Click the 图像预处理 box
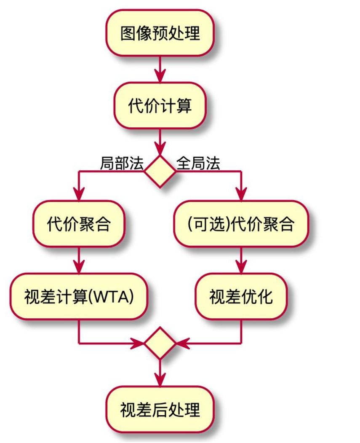click(160, 33)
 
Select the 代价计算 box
click(160, 105)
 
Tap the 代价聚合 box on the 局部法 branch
click(79, 224)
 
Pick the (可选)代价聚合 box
click(241, 224)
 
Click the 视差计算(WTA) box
click(79, 296)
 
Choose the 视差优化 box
click(241, 296)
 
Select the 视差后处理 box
click(160, 409)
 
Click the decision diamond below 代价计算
click(160, 171)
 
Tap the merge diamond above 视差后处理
click(160, 344)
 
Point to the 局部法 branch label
click(122, 163)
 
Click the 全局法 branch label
click(198, 163)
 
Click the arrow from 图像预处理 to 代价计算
click(160, 69)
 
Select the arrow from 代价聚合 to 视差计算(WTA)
click(79, 260)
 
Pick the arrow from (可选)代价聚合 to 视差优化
click(241, 260)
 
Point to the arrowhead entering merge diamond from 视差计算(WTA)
click(139, 344)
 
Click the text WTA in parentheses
click(114, 297)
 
